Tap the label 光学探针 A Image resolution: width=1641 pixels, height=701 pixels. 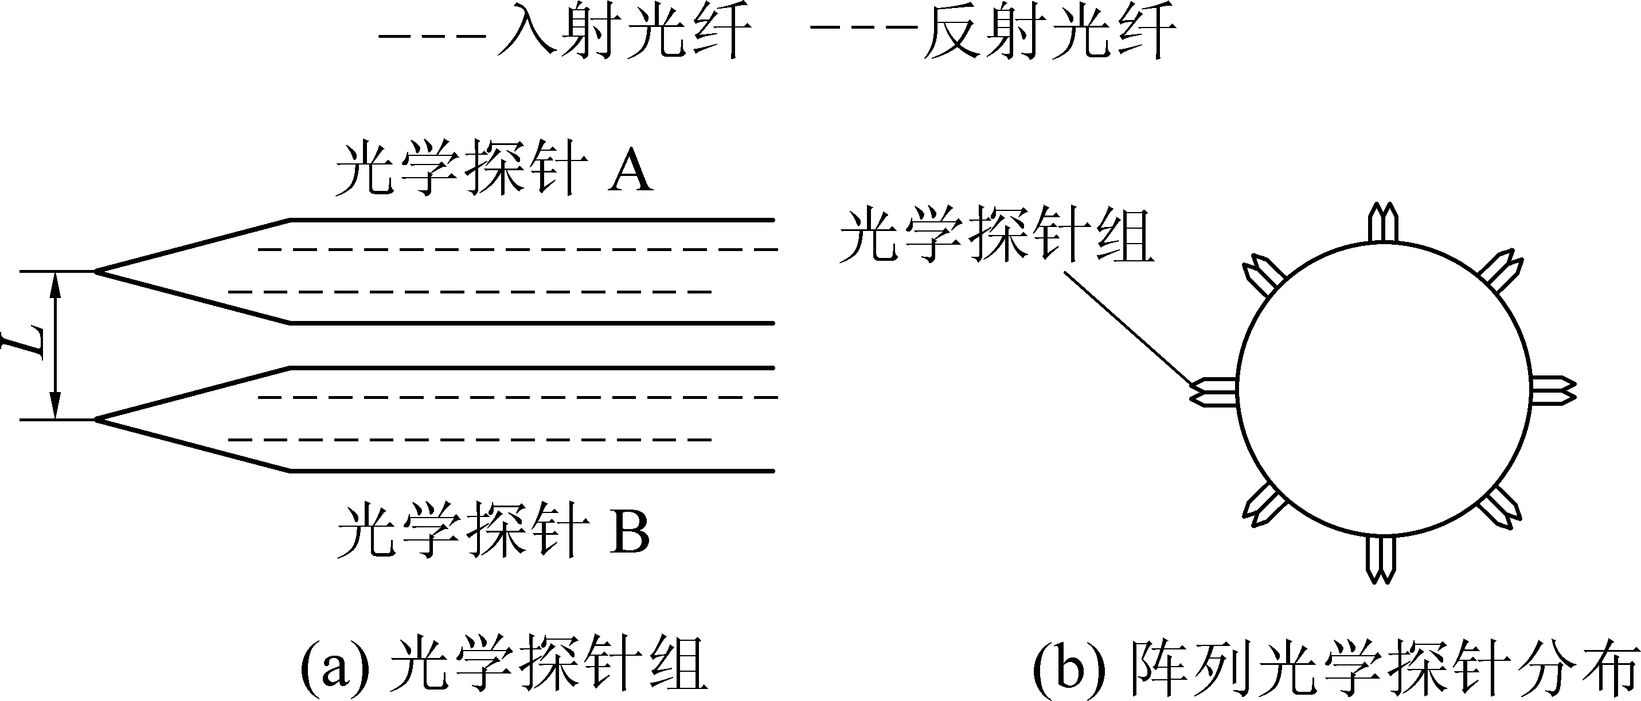[x=494, y=168]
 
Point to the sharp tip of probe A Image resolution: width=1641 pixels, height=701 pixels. [x=96, y=272]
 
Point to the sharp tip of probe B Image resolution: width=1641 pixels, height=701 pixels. [x=96, y=420]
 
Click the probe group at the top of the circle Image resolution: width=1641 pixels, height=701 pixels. [x=1383, y=222]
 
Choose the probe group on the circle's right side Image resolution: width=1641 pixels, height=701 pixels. [x=1553, y=390]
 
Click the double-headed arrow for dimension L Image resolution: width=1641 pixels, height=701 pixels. [x=56, y=346]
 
